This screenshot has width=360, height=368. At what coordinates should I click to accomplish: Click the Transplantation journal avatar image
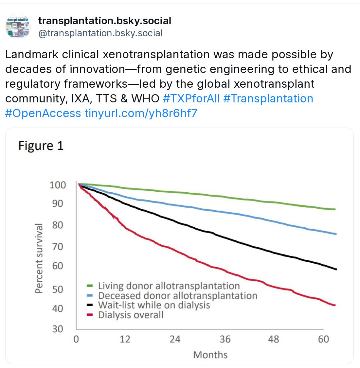pyautogui.click(x=18, y=26)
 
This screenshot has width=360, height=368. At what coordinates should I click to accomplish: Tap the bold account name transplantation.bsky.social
pyautogui.click(x=105, y=21)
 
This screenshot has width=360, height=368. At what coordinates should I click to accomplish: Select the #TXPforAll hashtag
pyautogui.click(x=191, y=98)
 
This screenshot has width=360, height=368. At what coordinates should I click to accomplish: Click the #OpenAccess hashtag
pyautogui.click(x=43, y=113)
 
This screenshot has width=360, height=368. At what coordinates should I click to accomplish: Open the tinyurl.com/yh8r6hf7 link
pyautogui.click(x=141, y=113)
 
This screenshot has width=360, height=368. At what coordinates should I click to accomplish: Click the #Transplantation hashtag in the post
pyautogui.click(x=268, y=98)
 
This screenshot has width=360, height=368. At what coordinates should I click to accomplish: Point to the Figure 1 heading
pyautogui.click(x=41, y=146)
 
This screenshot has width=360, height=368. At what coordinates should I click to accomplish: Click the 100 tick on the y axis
pyautogui.click(x=58, y=185)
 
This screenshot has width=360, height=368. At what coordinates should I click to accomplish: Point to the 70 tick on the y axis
pyautogui.click(x=58, y=246)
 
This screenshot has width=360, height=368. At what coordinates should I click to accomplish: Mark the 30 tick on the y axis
pyautogui.click(x=58, y=329)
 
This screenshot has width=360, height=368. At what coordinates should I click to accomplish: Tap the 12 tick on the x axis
pyautogui.click(x=125, y=339)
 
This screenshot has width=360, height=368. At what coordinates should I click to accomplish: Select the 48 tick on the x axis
pyautogui.click(x=274, y=339)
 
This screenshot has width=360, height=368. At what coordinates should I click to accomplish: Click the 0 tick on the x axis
pyautogui.click(x=76, y=339)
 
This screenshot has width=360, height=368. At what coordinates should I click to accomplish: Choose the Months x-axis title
pyautogui.click(x=210, y=355)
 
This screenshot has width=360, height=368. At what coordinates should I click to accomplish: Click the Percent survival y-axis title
pyautogui.click(x=39, y=258)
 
